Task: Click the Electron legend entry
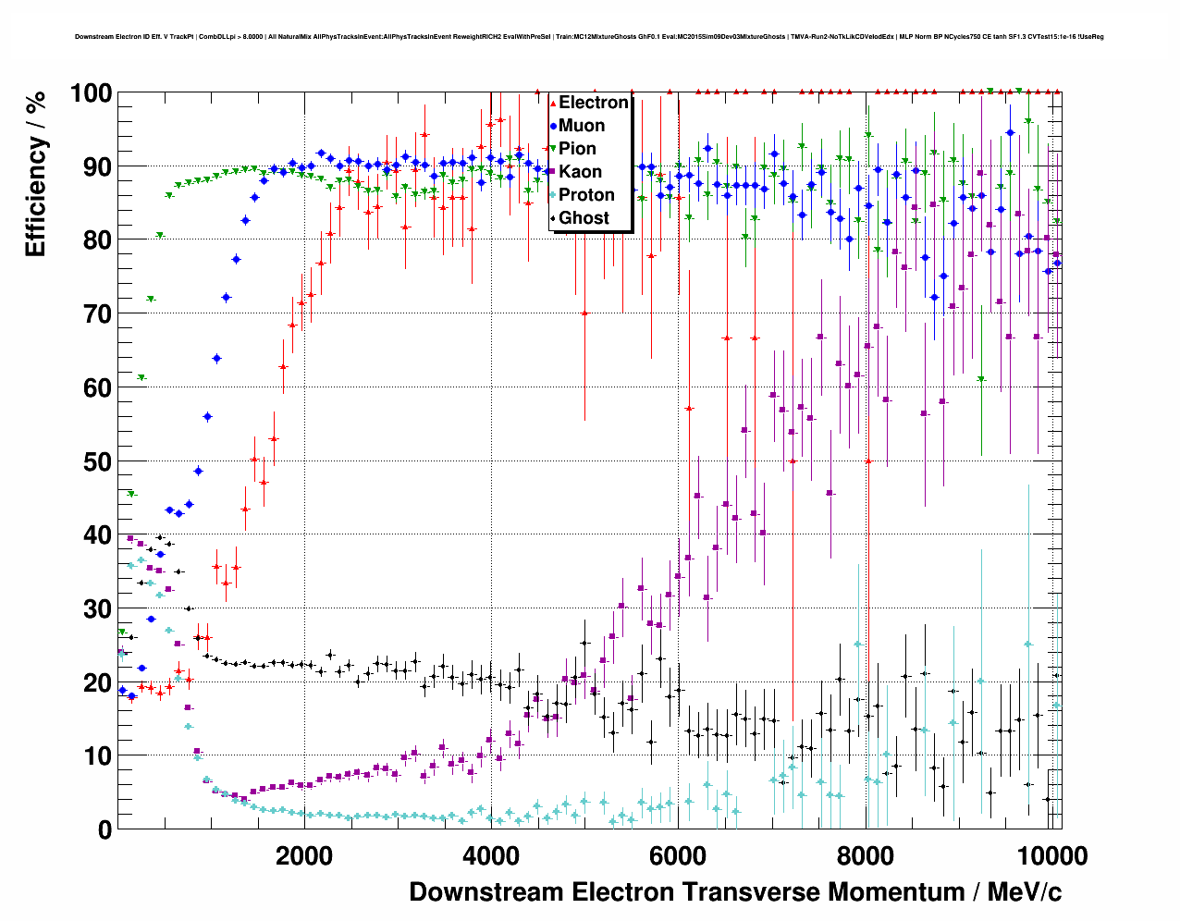[x=593, y=103]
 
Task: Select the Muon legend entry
[x=581, y=126]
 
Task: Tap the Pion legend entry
[x=577, y=149]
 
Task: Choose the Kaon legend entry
[x=580, y=172]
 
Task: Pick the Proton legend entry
[x=586, y=195]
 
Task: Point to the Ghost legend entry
[x=584, y=218]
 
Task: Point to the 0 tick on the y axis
[x=104, y=829]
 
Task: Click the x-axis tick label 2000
[x=303, y=855]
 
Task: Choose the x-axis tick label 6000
[x=678, y=855]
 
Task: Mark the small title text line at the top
[x=589, y=37]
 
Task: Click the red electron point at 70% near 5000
[x=584, y=313]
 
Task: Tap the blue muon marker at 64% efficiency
[x=216, y=358]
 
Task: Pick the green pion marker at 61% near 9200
[x=981, y=379]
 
